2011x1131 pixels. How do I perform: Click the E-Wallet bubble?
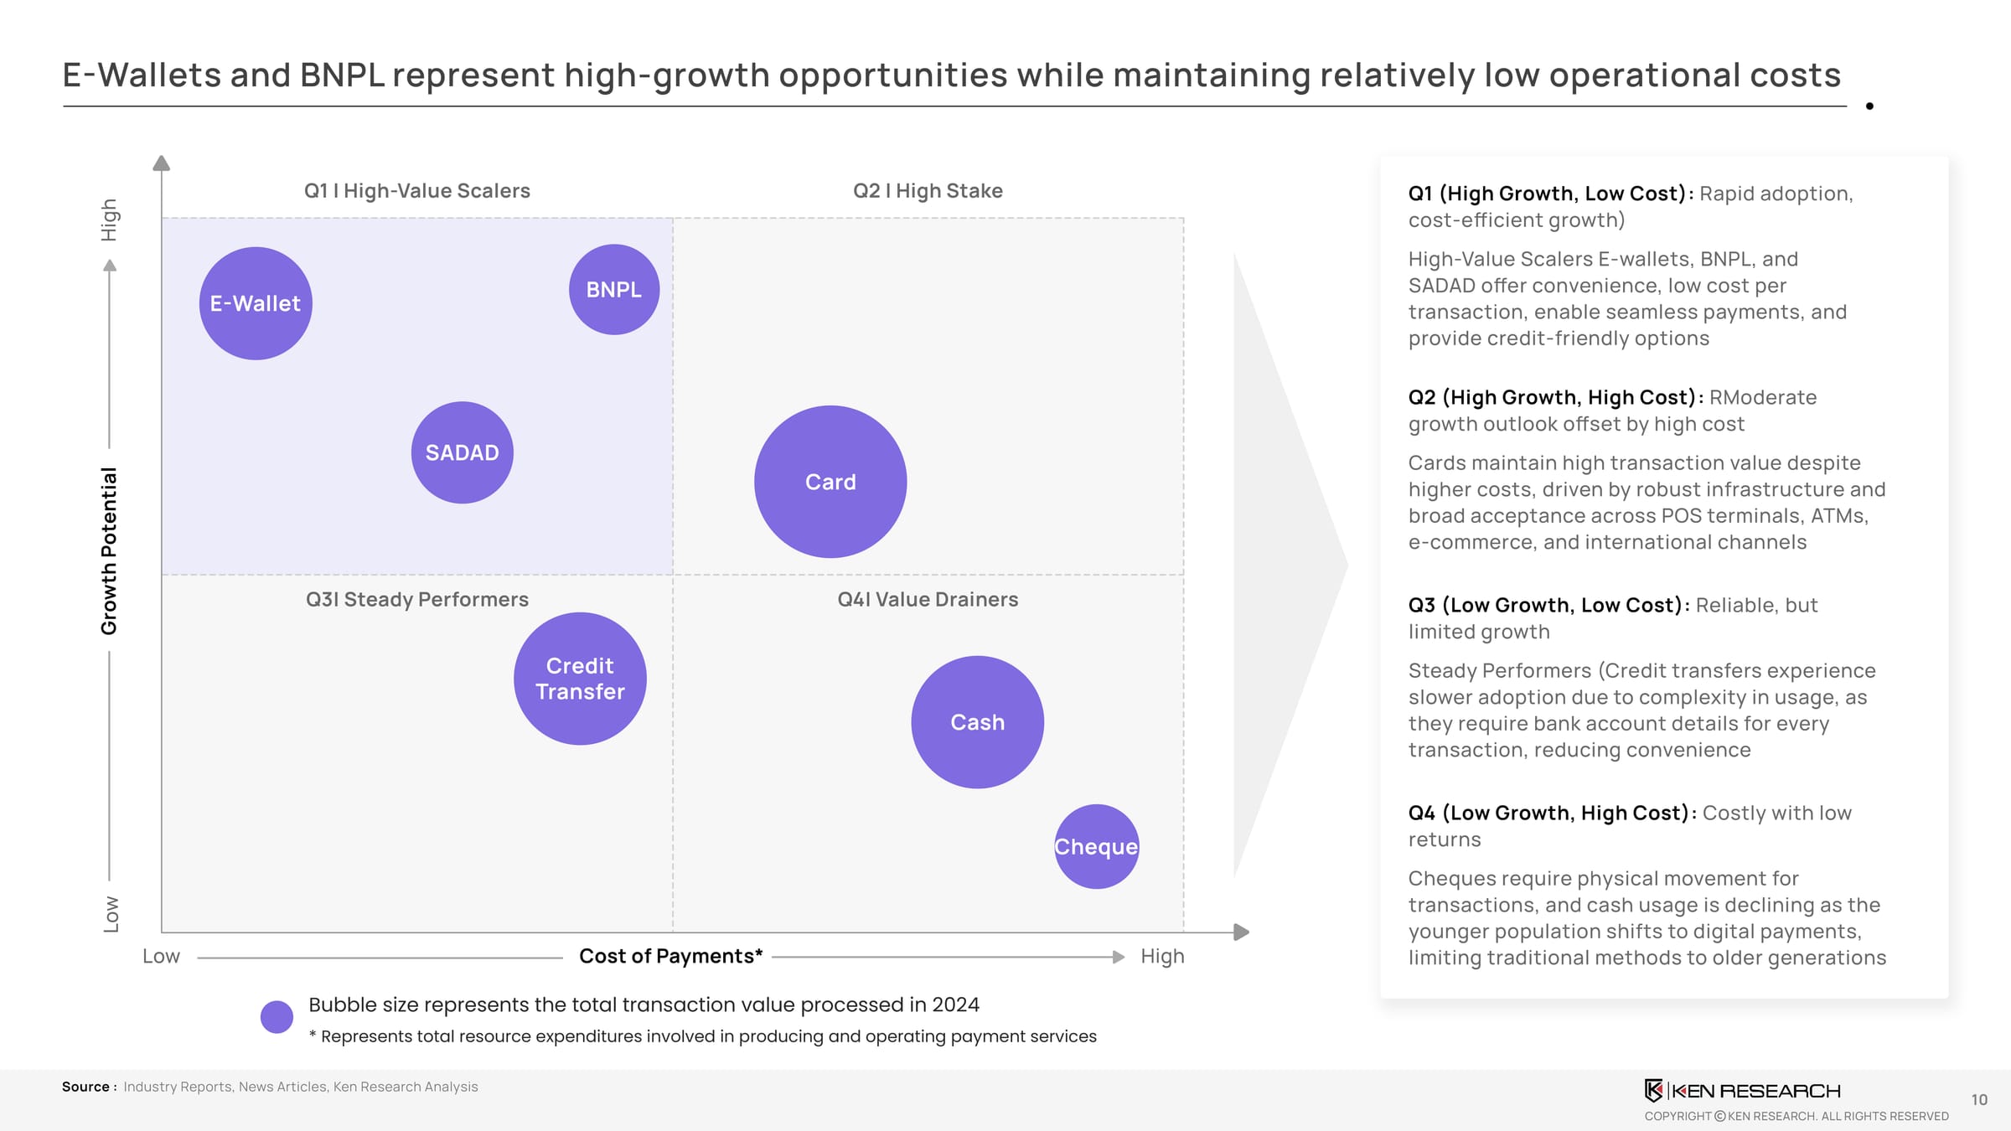(x=256, y=303)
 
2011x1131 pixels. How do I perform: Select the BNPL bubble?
(x=614, y=290)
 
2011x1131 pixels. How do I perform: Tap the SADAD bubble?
(x=462, y=452)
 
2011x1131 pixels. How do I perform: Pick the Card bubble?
(x=830, y=482)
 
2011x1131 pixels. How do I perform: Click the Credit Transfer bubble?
(x=580, y=679)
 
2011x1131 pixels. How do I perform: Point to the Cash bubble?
(x=977, y=722)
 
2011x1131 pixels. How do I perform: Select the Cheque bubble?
(x=1096, y=846)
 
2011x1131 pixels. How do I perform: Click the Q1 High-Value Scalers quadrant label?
(x=416, y=191)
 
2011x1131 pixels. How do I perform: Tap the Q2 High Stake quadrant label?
(x=928, y=191)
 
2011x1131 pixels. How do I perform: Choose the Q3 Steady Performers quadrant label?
(x=416, y=600)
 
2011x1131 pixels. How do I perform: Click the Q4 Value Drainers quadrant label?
(x=928, y=600)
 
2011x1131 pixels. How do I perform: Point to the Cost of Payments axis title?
(x=670, y=956)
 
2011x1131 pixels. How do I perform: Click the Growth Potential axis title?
(x=109, y=550)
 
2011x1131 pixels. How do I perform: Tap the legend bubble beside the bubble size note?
(x=277, y=1016)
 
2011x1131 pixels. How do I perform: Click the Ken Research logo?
(x=1742, y=1090)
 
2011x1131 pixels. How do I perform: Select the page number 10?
(x=1979, y=1100)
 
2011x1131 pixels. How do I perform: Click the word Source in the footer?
(x=85, y=1087)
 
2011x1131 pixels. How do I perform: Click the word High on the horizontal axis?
(x=1162, y=956)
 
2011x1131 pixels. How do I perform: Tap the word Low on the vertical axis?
(x=111, y=914)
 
